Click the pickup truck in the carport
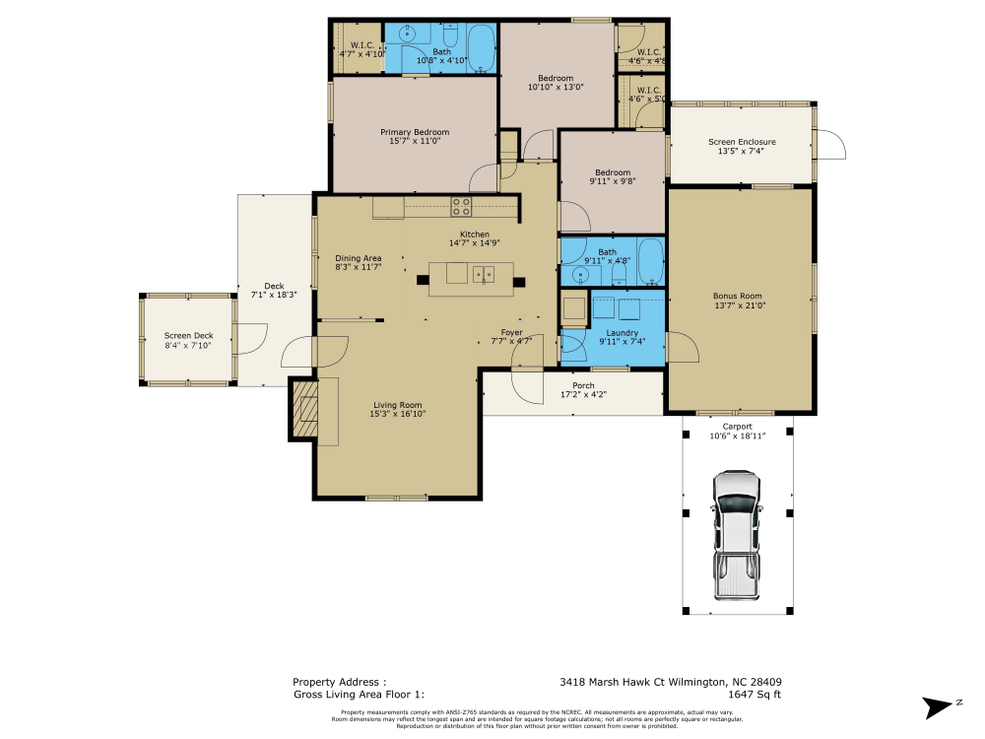737,535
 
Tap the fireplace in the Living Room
304,408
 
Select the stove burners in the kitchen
461,207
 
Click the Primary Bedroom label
415,132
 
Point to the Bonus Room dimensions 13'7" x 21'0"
739,305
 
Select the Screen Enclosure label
742,142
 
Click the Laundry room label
622,333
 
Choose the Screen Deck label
188,336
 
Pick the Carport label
738,427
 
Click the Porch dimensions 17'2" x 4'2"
583,394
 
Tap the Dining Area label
358,258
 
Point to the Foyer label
511,333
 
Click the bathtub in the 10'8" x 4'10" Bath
481,47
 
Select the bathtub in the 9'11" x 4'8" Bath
650,261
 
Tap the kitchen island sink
483,274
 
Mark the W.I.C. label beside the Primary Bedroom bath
361,45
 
